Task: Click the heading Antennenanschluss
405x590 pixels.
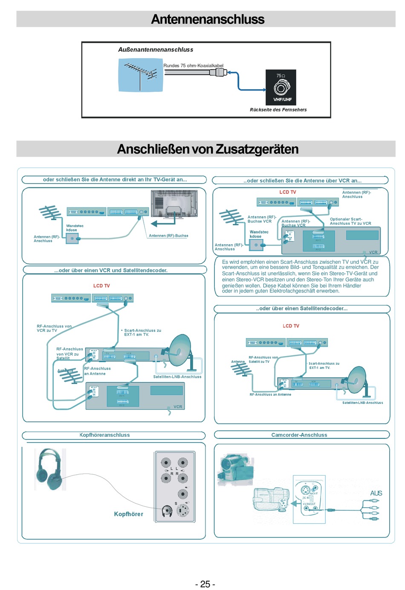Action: [x=208, y=19]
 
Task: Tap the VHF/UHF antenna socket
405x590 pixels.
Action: [x=281, y=88]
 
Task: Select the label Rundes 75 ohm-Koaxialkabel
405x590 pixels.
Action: [x=193, y=66]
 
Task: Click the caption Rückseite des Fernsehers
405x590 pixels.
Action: [x=278, y=110]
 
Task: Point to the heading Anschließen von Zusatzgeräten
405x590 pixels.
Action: [x=208, y=149]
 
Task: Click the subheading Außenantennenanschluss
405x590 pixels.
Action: [x=156, y=50]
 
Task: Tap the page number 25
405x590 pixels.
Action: [x=205, y=584]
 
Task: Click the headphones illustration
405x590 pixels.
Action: [x=49, y=468]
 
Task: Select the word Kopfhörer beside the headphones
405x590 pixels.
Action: [x=128, y=514]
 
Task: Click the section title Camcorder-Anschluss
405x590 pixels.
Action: [x=299, y=435]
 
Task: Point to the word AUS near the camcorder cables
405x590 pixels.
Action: [x=376, y=493]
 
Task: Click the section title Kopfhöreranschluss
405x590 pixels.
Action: [x=105, y=435]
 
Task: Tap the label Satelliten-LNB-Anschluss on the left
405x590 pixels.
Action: [x=177, y=377]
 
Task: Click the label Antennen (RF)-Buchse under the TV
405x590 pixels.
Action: [x=168, y=236]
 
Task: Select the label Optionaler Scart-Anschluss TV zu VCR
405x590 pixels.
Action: [x=350, y=221]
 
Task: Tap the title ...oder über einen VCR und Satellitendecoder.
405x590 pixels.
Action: [x=111, y=270]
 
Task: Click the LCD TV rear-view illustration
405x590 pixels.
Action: [x=174, y=204]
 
